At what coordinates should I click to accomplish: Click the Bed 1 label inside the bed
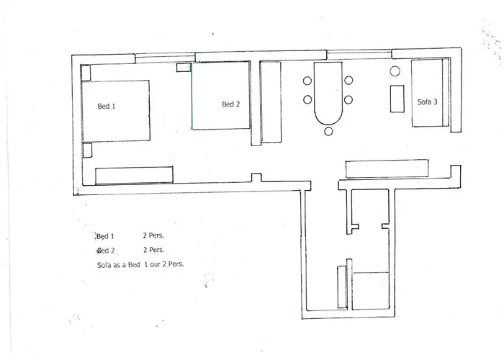107,106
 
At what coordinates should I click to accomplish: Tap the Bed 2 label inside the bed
231,104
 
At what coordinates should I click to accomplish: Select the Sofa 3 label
427,102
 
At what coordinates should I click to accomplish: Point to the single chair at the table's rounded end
329,131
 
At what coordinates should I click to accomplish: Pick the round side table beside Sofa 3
395,71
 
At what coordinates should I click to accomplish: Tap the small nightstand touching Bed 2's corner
184,68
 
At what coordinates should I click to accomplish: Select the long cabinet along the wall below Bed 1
134,175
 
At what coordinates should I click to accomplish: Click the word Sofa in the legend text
104,265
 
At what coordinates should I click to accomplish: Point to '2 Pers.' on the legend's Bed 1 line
154,235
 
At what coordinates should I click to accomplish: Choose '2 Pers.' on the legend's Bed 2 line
154,250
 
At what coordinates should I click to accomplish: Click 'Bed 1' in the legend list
106,235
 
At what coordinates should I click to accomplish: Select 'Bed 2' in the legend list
106,250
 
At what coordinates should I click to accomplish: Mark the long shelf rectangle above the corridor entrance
388,169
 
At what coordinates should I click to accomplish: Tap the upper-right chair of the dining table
349,81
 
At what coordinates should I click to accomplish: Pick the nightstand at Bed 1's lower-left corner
88,150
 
